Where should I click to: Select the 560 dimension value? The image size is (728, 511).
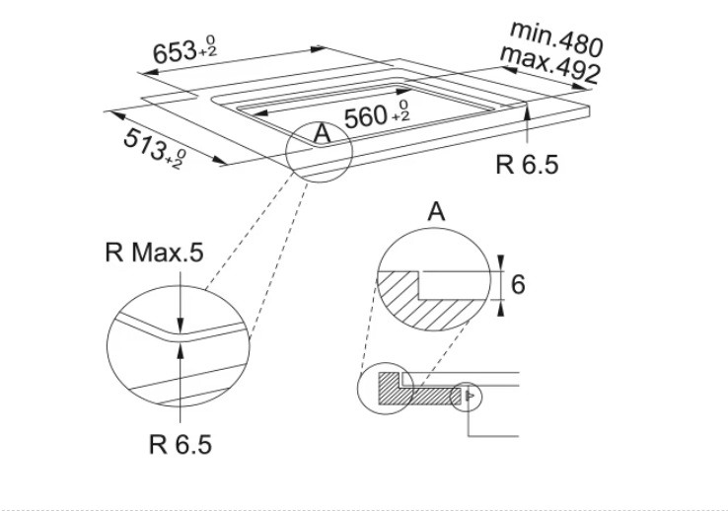coord(365,116)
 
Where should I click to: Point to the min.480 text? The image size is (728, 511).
coord(556,38)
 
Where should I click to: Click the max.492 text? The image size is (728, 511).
coord(549,65)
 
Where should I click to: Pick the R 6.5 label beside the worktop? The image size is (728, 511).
coord(527,165)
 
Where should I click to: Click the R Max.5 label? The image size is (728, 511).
coord(154,253)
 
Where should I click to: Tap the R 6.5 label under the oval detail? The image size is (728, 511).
coord(181,444)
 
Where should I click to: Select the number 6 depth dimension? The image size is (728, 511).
coord(518,284)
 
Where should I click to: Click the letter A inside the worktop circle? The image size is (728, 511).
coord(323,133)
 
